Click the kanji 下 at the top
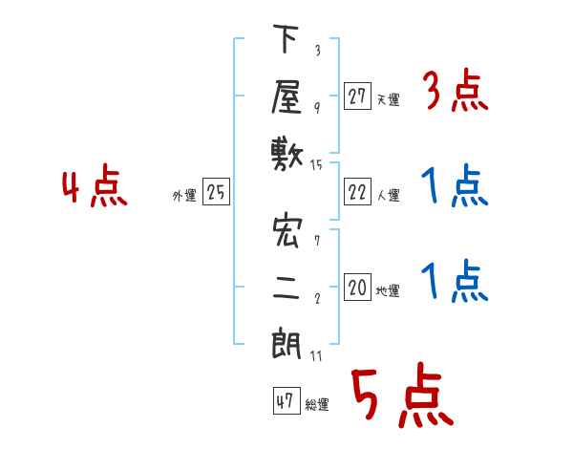pyautogui.click(x=286, y=38)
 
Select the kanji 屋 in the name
pyautogui.click(x=286, y=97)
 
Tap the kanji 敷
pyautogui.click(x=287, y=156)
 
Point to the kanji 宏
pyautogui.click(x=287, y=231)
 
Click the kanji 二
pyautogui.click(x=286, y=289)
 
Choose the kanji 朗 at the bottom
pyautogui.click(x=286, y=343)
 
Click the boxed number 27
pyautogui.click(x=357, y=96)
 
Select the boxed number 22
pyautogui.click(x=357, y=192)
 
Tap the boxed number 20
pyautogui.click(x=357, y=287)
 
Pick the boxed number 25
pyautogui.click(x=216, y=192)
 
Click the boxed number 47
pyautogui.click(x=286, y=400)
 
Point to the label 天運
pyautogui.click(x=389, y=99)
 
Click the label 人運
pyautogui.click(x=389, y=195)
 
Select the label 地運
pyautogui.click(x=388, y=291)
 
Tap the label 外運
pyautogui.click(x=184, y=196)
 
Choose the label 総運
pyautogui.click(x=317, y=405)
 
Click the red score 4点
pyautogui.click(x=95, y=185)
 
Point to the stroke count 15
pyautogui.click(x=316, y=165)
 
